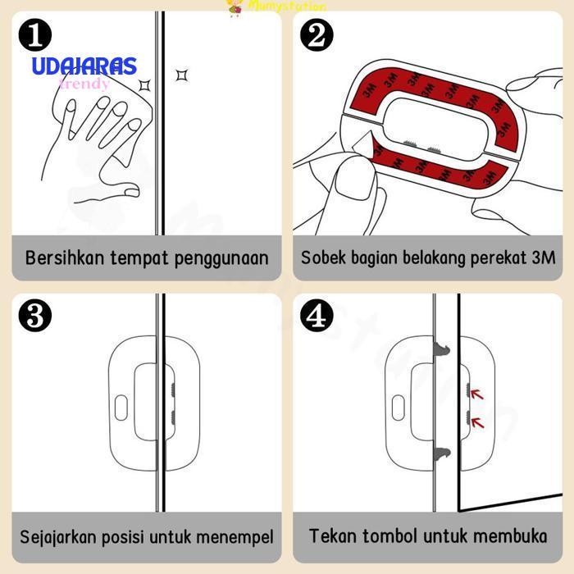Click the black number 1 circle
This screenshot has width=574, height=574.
(34, 35)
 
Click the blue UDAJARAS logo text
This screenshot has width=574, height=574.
(84, 67)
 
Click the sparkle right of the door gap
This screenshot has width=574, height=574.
(182, 75)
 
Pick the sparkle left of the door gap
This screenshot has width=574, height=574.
(145, 84)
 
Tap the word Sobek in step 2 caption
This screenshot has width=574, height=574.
(322, 257)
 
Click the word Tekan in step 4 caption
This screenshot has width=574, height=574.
(331, 537)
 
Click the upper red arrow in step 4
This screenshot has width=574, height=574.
(477, 395)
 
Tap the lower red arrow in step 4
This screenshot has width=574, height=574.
(477, 422)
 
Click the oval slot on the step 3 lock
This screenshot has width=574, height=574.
(121, 408)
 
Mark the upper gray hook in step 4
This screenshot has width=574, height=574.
(443, 352)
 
